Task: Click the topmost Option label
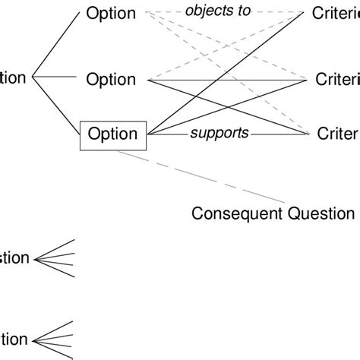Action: (111, 13)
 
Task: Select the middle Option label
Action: (111, 79)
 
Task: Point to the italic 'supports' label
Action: (219, 133)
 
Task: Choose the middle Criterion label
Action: (336, 79)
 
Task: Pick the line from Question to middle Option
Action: (57, 77)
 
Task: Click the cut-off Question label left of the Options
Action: (14, 77)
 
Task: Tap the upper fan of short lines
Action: (57, 258)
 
